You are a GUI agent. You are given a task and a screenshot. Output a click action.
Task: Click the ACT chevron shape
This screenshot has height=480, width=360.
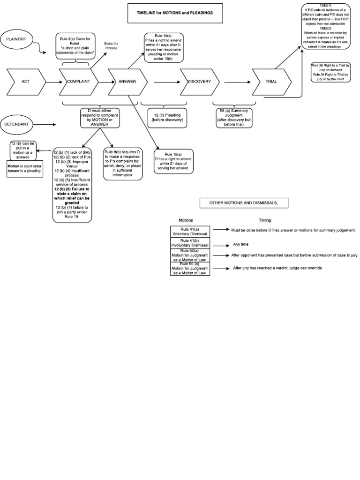[26, 82]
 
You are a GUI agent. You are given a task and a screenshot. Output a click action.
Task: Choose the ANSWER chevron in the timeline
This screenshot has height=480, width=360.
[127, 82]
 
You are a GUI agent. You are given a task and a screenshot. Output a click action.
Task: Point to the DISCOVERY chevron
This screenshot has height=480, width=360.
[200, 82]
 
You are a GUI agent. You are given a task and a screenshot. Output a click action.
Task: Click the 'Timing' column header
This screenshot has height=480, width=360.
[265, 219]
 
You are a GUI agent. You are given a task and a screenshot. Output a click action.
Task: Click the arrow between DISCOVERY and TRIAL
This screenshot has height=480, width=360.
[238, 82]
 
